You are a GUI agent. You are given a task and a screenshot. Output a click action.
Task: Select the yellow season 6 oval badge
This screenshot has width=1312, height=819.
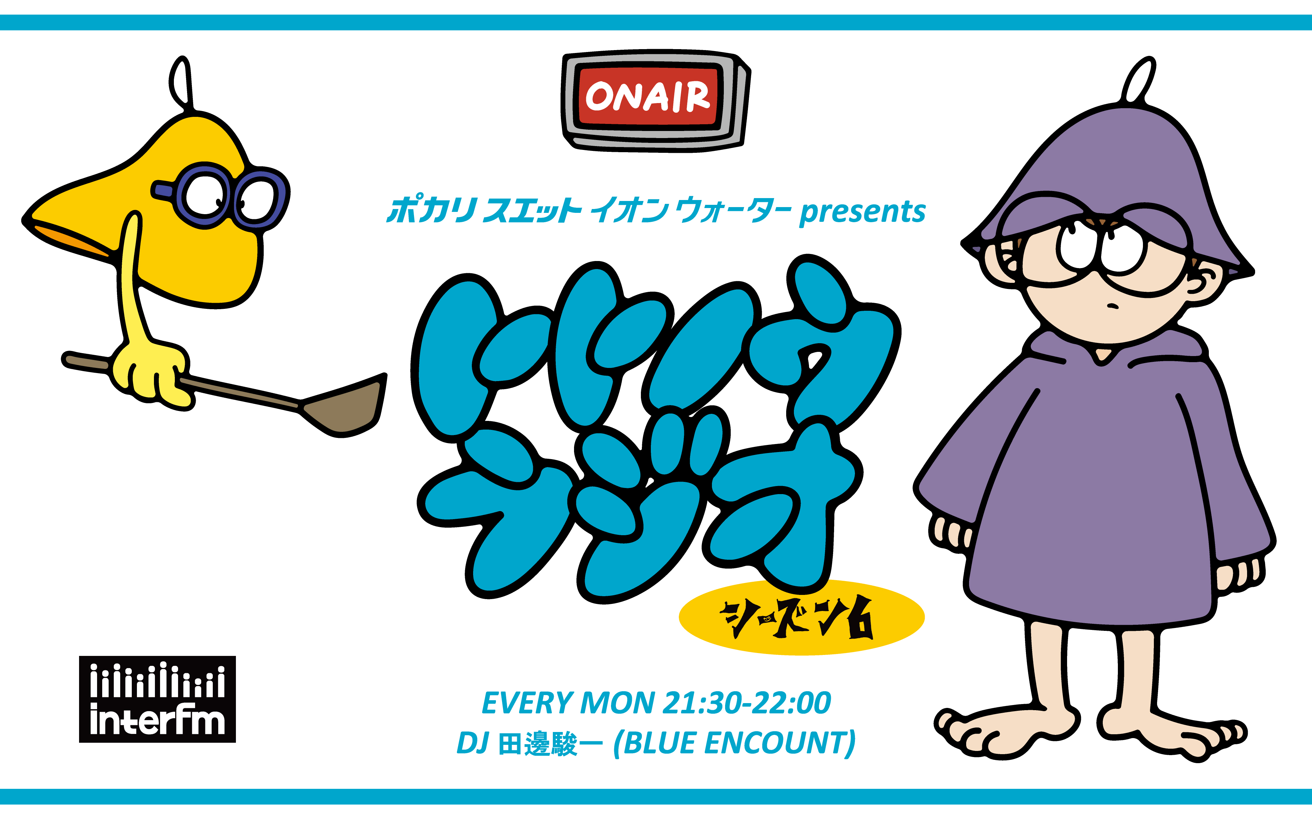pyautogui.click(x=801, y=617)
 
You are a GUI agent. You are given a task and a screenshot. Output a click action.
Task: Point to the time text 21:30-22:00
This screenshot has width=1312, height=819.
pyautogui.click(x=747, y=703)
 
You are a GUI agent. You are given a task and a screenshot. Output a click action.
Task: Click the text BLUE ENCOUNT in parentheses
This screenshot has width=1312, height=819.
pyautogui.click(x=735, y=743)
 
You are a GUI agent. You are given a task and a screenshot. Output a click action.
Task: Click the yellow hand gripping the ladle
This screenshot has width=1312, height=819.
pyautogui.click(x=152, y=374)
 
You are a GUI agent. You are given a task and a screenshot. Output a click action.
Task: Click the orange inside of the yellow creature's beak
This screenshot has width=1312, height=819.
pyautogui.click(x=70, y=238)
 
